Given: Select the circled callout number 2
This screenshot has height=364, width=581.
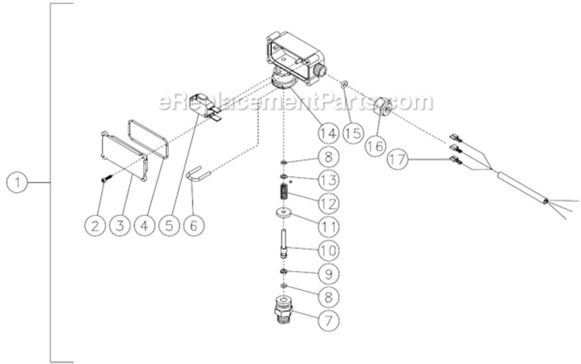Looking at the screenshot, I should pyautogui.click(x=95, y=225).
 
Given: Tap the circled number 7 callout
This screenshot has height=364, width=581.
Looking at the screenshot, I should pyautogui.click(x=329, y=320).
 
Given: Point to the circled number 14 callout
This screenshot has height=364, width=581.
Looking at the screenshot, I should pyautogui.click(x=329, y=132).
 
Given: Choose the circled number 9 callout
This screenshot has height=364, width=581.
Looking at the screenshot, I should pyautogui.click(x=329, y=274).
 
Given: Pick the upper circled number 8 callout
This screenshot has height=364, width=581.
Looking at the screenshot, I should pyautogui.click(x=329, y=156).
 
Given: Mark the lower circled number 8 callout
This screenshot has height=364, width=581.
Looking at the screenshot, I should pyautogui.click(x=329, y=297).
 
